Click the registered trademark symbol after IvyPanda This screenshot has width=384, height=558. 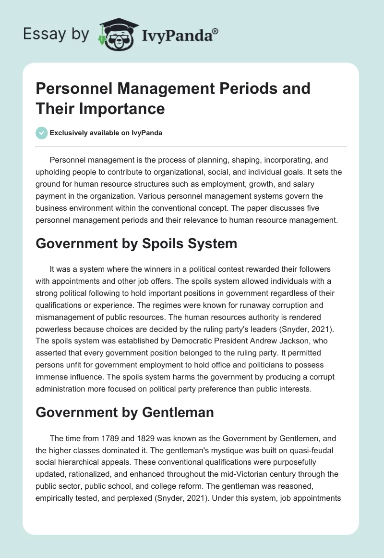(x=215, y=32)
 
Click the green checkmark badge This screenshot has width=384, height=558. (x=41, y=133)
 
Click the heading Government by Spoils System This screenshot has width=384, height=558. (x=136, y=243)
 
